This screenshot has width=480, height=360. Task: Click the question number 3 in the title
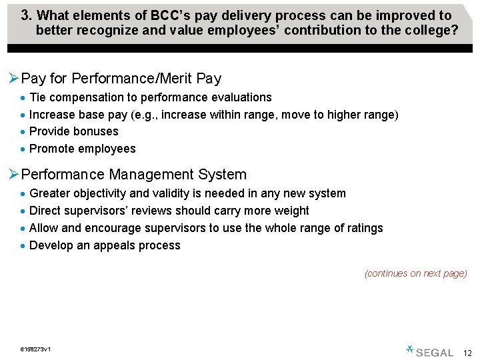click(25, 15)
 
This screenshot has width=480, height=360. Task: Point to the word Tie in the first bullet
click(38, 97)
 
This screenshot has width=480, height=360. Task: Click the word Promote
click(52, 149)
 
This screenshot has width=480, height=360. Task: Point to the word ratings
click(363, 228)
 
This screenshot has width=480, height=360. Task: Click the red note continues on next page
click(415, 273)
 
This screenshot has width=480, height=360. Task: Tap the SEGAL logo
click(429, 351)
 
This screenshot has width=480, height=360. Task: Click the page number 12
click(467, 353)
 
